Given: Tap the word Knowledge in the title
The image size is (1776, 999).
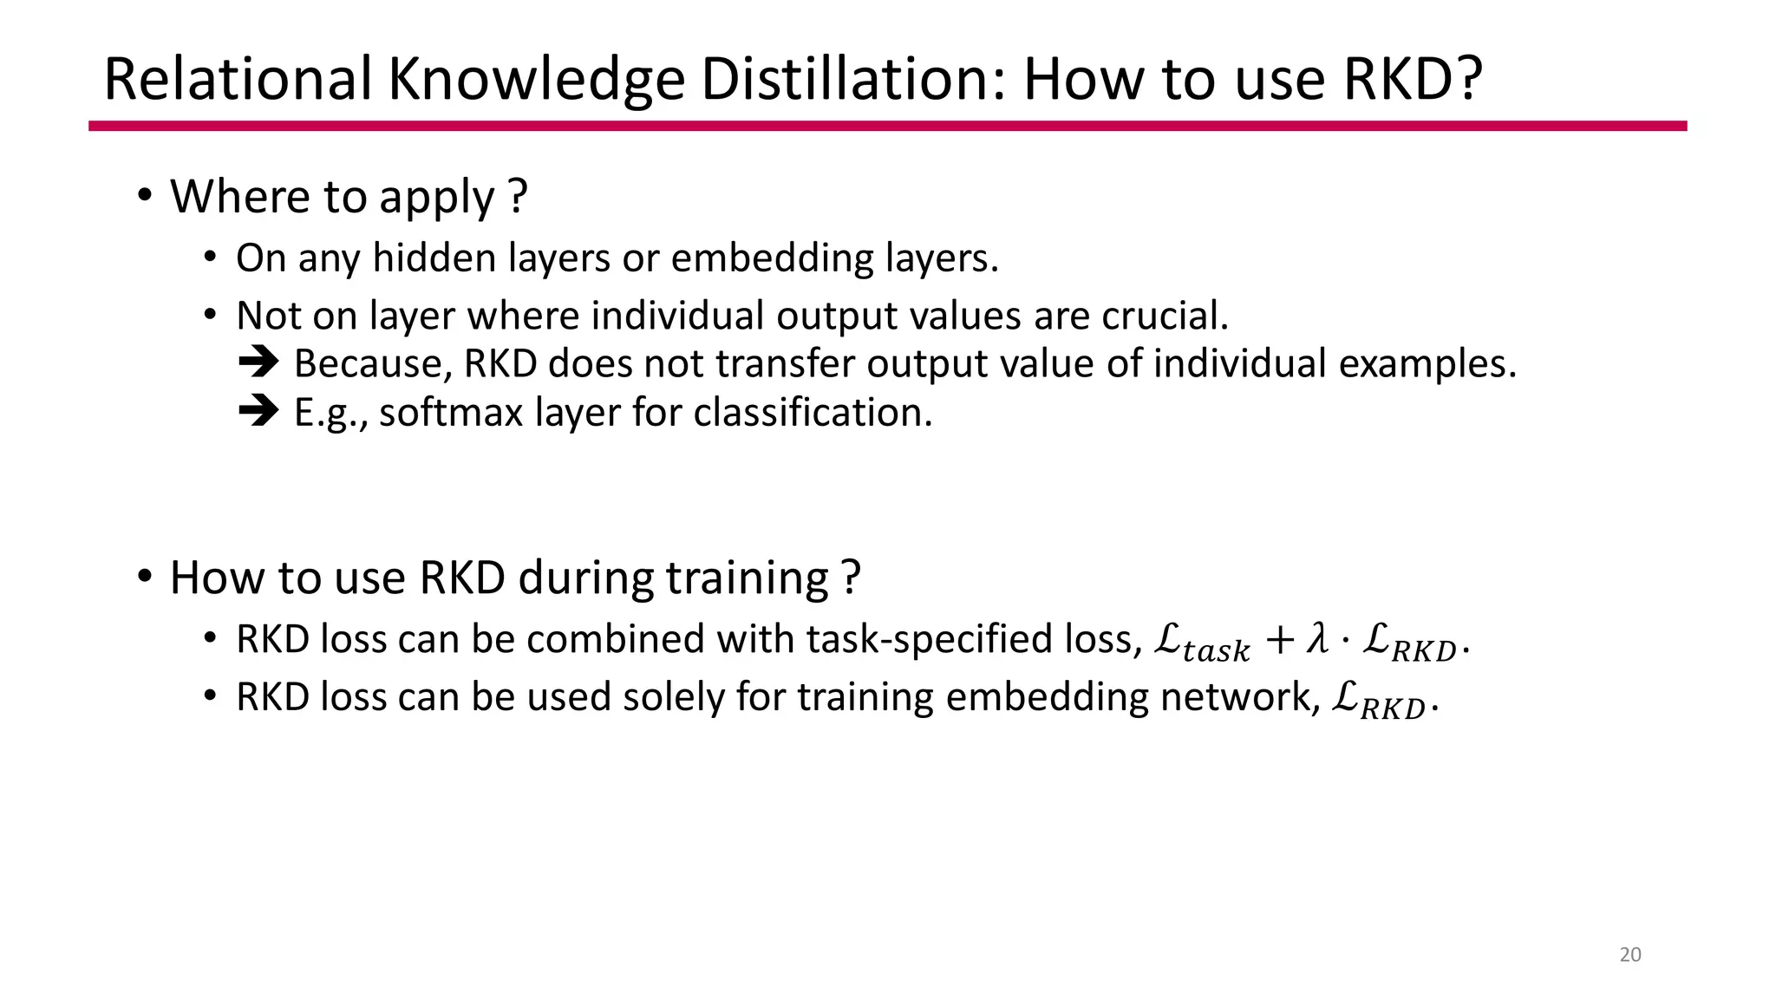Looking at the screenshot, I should coord(536,81).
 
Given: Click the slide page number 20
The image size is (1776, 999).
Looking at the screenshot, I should coord(1630,955).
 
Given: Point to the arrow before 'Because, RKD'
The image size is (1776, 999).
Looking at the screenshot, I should coord(258,362).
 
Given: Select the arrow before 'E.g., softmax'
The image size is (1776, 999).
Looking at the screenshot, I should coord(258,411).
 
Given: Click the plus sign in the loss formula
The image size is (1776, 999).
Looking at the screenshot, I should coord(1279,642).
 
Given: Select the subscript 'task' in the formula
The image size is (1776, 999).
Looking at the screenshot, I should coord(1216,650).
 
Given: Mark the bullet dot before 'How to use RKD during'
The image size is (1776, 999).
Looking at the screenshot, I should coord(145,576).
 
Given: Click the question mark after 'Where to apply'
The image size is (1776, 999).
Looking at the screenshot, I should coord(518,196).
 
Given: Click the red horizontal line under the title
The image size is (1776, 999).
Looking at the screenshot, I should coord(887,126).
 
